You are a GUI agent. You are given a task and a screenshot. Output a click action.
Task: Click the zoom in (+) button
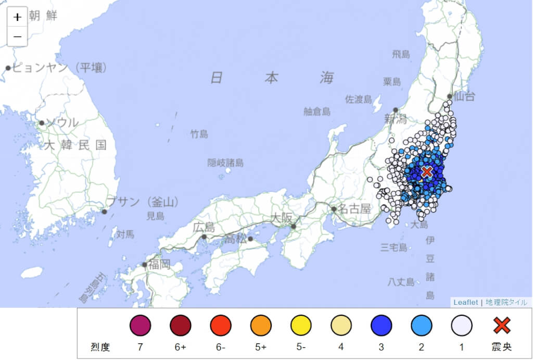pyautogui.click(x=17, y=17)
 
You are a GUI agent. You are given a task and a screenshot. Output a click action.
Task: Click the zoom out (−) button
pyautogui.click(x=17, y=36)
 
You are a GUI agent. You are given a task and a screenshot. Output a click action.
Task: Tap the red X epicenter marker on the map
pyautogui.click(x=427, y=171)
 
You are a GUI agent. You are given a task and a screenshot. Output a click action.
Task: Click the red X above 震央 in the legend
pyautogui.click(x=502, y=326)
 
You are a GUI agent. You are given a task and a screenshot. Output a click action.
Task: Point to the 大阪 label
pyautogui.click(x=282, y=219)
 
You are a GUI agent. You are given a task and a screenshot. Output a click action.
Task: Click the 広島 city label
pyautogui.click(x=204, y=227)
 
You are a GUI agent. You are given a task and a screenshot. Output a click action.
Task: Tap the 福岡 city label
pyautogui.click(x=159, y=264)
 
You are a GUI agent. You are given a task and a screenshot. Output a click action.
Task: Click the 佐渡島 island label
pyautogui.click(x=359, y=100)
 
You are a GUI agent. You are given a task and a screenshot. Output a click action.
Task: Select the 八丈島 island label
pyautogui.click(x=401, y=282)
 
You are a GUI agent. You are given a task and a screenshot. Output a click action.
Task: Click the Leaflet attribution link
pyautogui.click(x=465, y=302)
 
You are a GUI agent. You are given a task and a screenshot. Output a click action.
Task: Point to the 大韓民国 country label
pyautogui.click(x=75, y=145)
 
